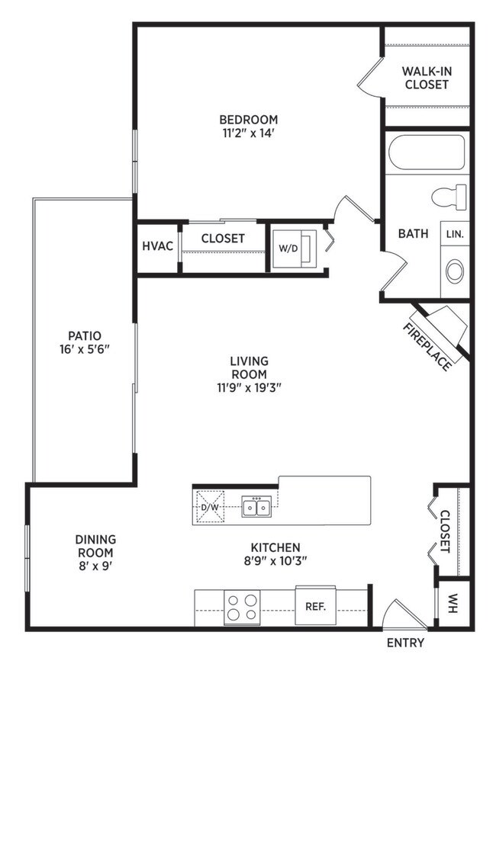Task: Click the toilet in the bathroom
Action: coord(449,197)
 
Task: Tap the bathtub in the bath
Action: coord(427,152)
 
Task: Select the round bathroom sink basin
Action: coord(455,272)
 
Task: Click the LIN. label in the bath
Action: coord(455,233)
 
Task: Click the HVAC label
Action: coord(158,246)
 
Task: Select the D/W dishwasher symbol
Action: coord(210,507)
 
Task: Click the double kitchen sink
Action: coord(256,506)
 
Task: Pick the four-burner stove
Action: coord(242,607)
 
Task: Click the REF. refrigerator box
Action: coord(316,606)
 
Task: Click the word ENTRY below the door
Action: coord(406,643)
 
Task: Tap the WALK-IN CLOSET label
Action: coord(426,78)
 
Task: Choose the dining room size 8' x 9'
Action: coord(96,566)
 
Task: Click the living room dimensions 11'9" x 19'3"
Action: coord(249,387)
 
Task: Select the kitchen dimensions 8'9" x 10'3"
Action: coord(275,561)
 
